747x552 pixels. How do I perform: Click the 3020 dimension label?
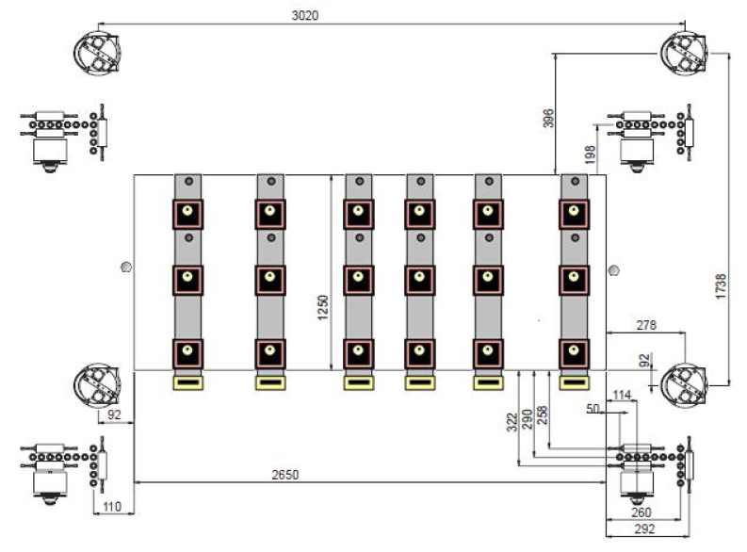tap(305, 15)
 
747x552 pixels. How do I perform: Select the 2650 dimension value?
tap(285, 475)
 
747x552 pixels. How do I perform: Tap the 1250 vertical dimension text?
tap(322, 308)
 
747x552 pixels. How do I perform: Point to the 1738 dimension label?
tap(722, 286)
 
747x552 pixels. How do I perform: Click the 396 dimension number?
tap(549, 118)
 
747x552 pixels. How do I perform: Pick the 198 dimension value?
tap(590, 154)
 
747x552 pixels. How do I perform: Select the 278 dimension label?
tap(646, 325)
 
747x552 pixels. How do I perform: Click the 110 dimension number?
tap(112, 506)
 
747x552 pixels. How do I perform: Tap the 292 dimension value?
tap(644, 528)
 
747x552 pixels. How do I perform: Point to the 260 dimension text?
tap(641, 512)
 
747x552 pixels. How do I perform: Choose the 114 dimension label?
tap(622, 395)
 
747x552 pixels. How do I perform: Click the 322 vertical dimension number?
tap(512, 422)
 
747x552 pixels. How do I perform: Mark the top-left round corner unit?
tap(97, 53)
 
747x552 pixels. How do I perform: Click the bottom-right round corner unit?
tap(684, 386)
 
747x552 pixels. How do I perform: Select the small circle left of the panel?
tap(126, 267)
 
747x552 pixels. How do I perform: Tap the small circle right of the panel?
tap(614, 270)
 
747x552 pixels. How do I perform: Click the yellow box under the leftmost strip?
tap(187, 383)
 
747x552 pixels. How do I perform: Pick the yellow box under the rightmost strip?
tap(574, 383)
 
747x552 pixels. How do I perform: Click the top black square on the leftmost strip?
tap(187, 215)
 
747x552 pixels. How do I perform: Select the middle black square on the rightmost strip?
tap(574, 281)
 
